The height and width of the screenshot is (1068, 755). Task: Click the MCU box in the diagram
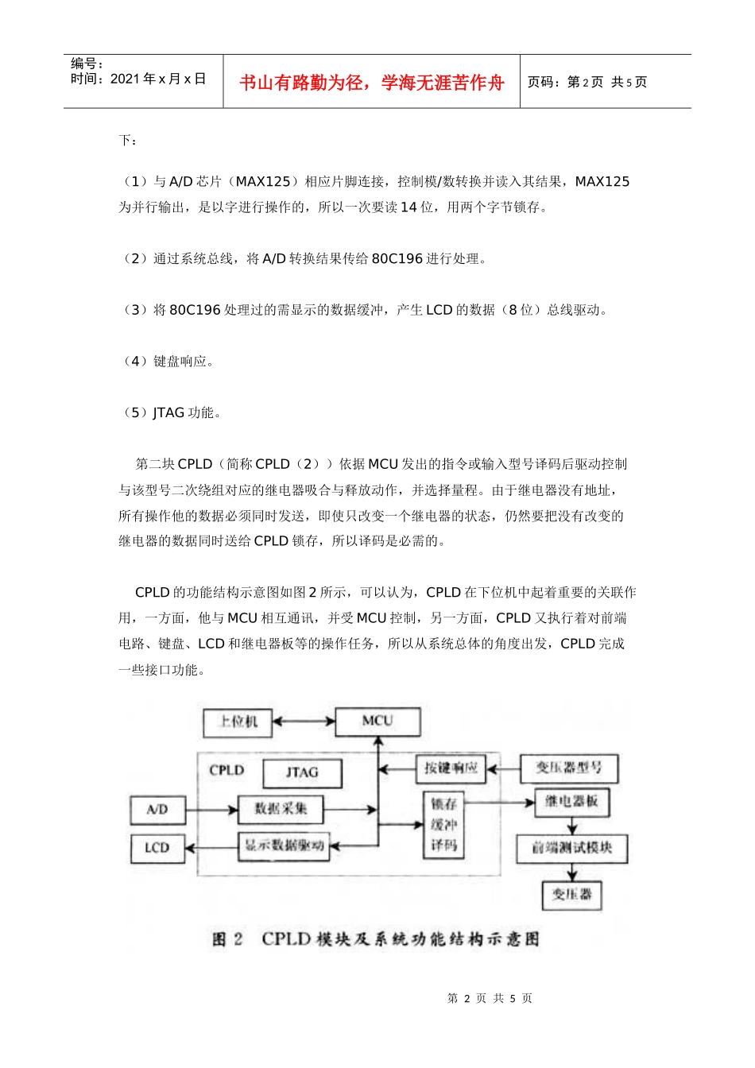coord(377,722)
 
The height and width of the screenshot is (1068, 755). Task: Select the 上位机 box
coord(238,722)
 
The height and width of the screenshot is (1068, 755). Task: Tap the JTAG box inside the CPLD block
coord(302,772)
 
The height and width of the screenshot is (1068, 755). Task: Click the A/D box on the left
coord(157,810)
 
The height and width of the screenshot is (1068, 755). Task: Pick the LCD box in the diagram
coord(157,848)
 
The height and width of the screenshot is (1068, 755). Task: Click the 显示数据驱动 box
coord(284,846)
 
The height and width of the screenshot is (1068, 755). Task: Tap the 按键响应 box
coord(451,768)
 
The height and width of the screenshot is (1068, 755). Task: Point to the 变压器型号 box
coord(568,768)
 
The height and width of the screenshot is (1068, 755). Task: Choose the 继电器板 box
coord(571,802)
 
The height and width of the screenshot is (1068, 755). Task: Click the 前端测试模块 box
coord(571,848)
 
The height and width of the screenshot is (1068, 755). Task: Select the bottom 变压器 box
coord(571,895)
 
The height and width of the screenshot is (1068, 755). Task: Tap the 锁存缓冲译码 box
coord(443,825)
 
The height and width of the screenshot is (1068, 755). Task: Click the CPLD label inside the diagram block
coord(226,770)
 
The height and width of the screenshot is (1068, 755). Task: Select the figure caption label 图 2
coord(227,939)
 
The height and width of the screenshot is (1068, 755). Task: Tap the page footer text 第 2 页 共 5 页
coord(490,998)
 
